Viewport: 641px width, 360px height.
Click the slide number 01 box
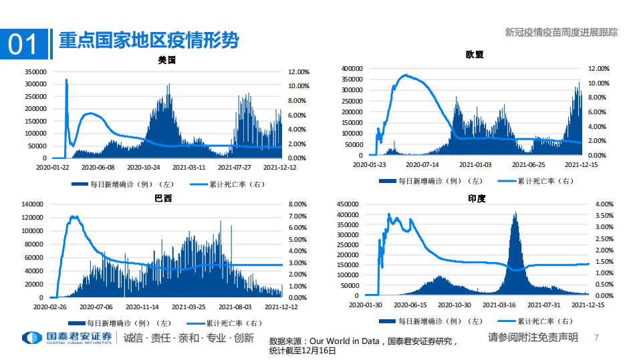(x=23, y=44)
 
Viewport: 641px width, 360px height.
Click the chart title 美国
(x=167, y=60)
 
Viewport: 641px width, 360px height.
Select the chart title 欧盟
(x=475, y=55)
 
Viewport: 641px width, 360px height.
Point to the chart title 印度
(x=477, y=199)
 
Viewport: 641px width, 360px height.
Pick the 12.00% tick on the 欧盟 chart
(x=599, y=69)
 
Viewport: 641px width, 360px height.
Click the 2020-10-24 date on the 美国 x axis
(x=144, y=168)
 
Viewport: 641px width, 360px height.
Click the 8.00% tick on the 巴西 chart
(x=297, y=204)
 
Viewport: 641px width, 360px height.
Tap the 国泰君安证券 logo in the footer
(x=67, y=338)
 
